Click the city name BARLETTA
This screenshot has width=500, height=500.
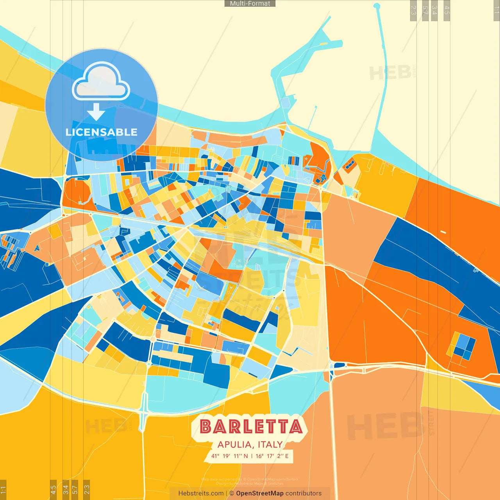[251, 427]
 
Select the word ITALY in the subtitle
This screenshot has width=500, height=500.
[270, 445]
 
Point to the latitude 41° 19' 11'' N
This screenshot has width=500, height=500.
[230, 456]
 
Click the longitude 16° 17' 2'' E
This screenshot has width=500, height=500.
[272, 456]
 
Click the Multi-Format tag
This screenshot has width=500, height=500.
[250, 4]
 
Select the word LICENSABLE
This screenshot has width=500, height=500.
[102, 132]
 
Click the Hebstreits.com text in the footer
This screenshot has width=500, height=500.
[201, 493]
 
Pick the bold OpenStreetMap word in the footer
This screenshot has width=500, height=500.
[260, 493]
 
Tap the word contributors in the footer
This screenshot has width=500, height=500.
[304, 493]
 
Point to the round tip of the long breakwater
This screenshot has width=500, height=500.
[377, 6]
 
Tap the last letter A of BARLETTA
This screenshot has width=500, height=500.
[296, 427]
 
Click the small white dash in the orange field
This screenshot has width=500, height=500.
[443, 232]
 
